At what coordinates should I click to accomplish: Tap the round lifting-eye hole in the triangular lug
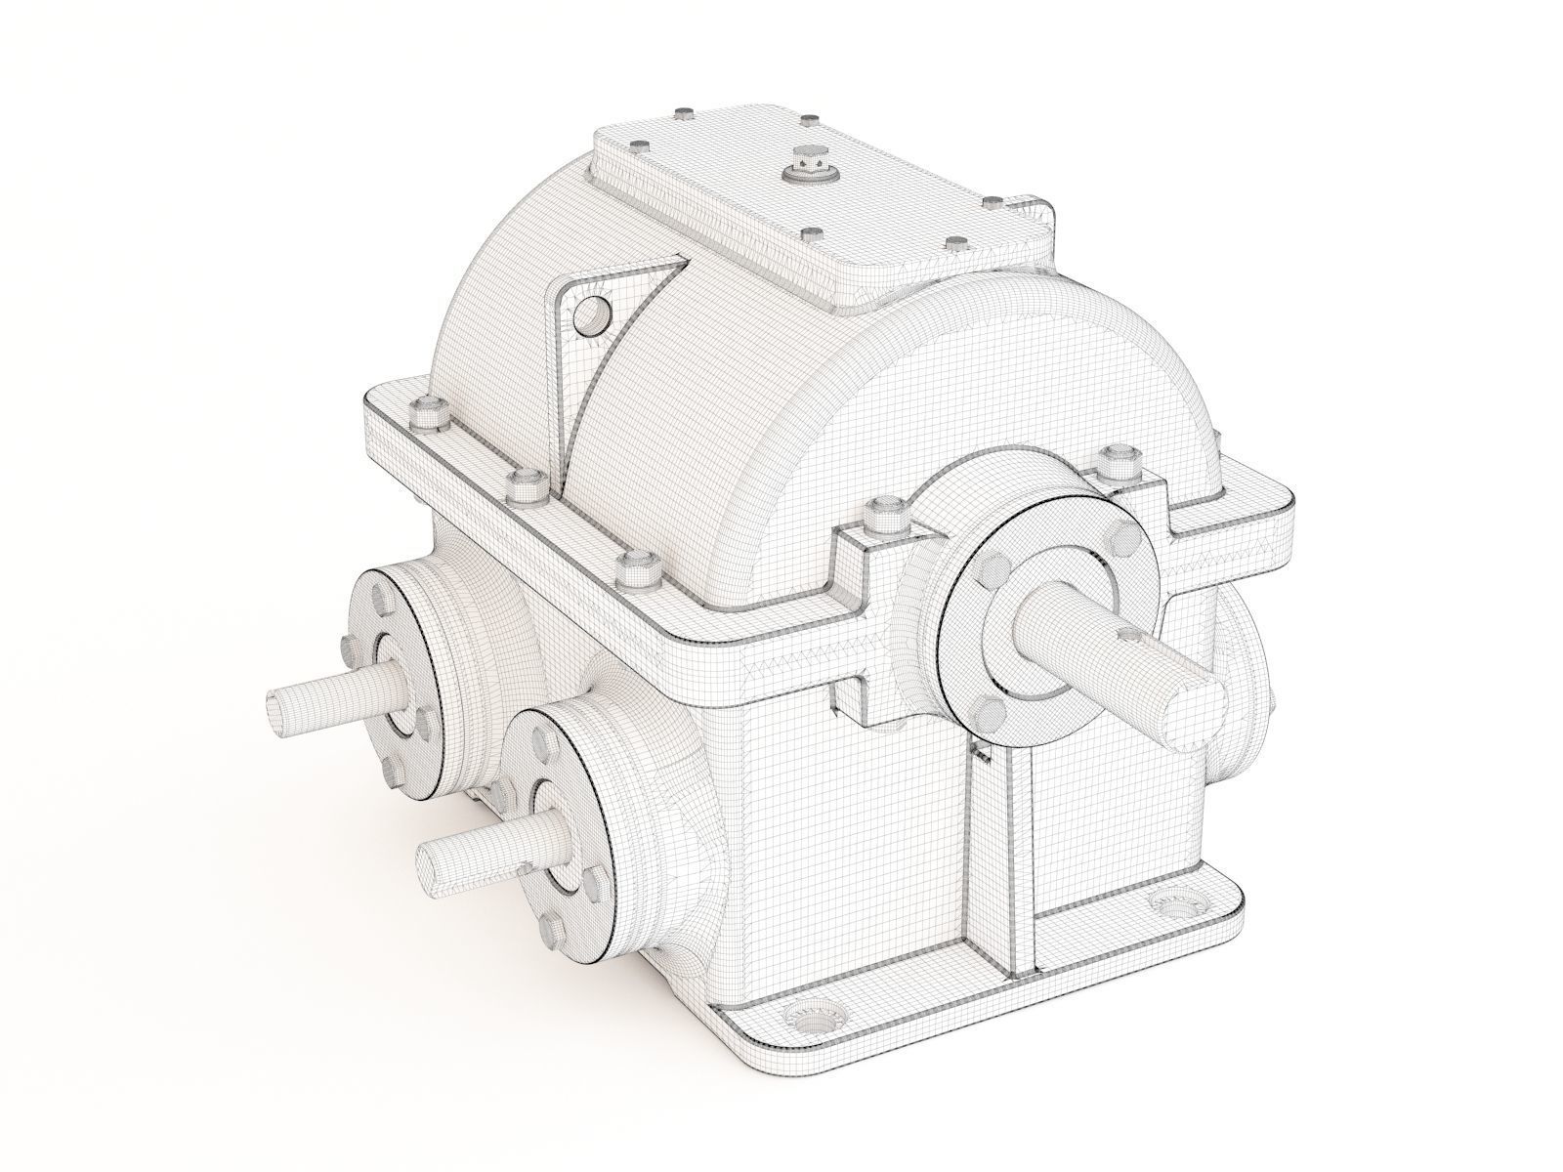click(592, 315)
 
